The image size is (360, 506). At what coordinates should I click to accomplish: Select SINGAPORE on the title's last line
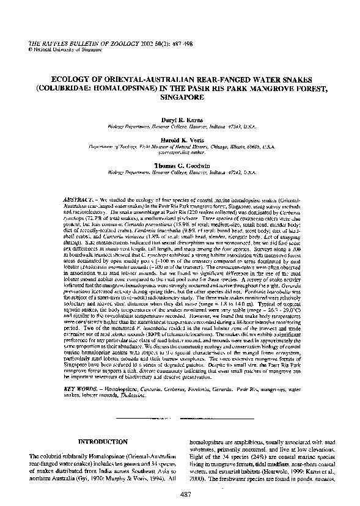pos(180,97)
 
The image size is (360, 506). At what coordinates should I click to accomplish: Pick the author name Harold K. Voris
pos(180,139)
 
